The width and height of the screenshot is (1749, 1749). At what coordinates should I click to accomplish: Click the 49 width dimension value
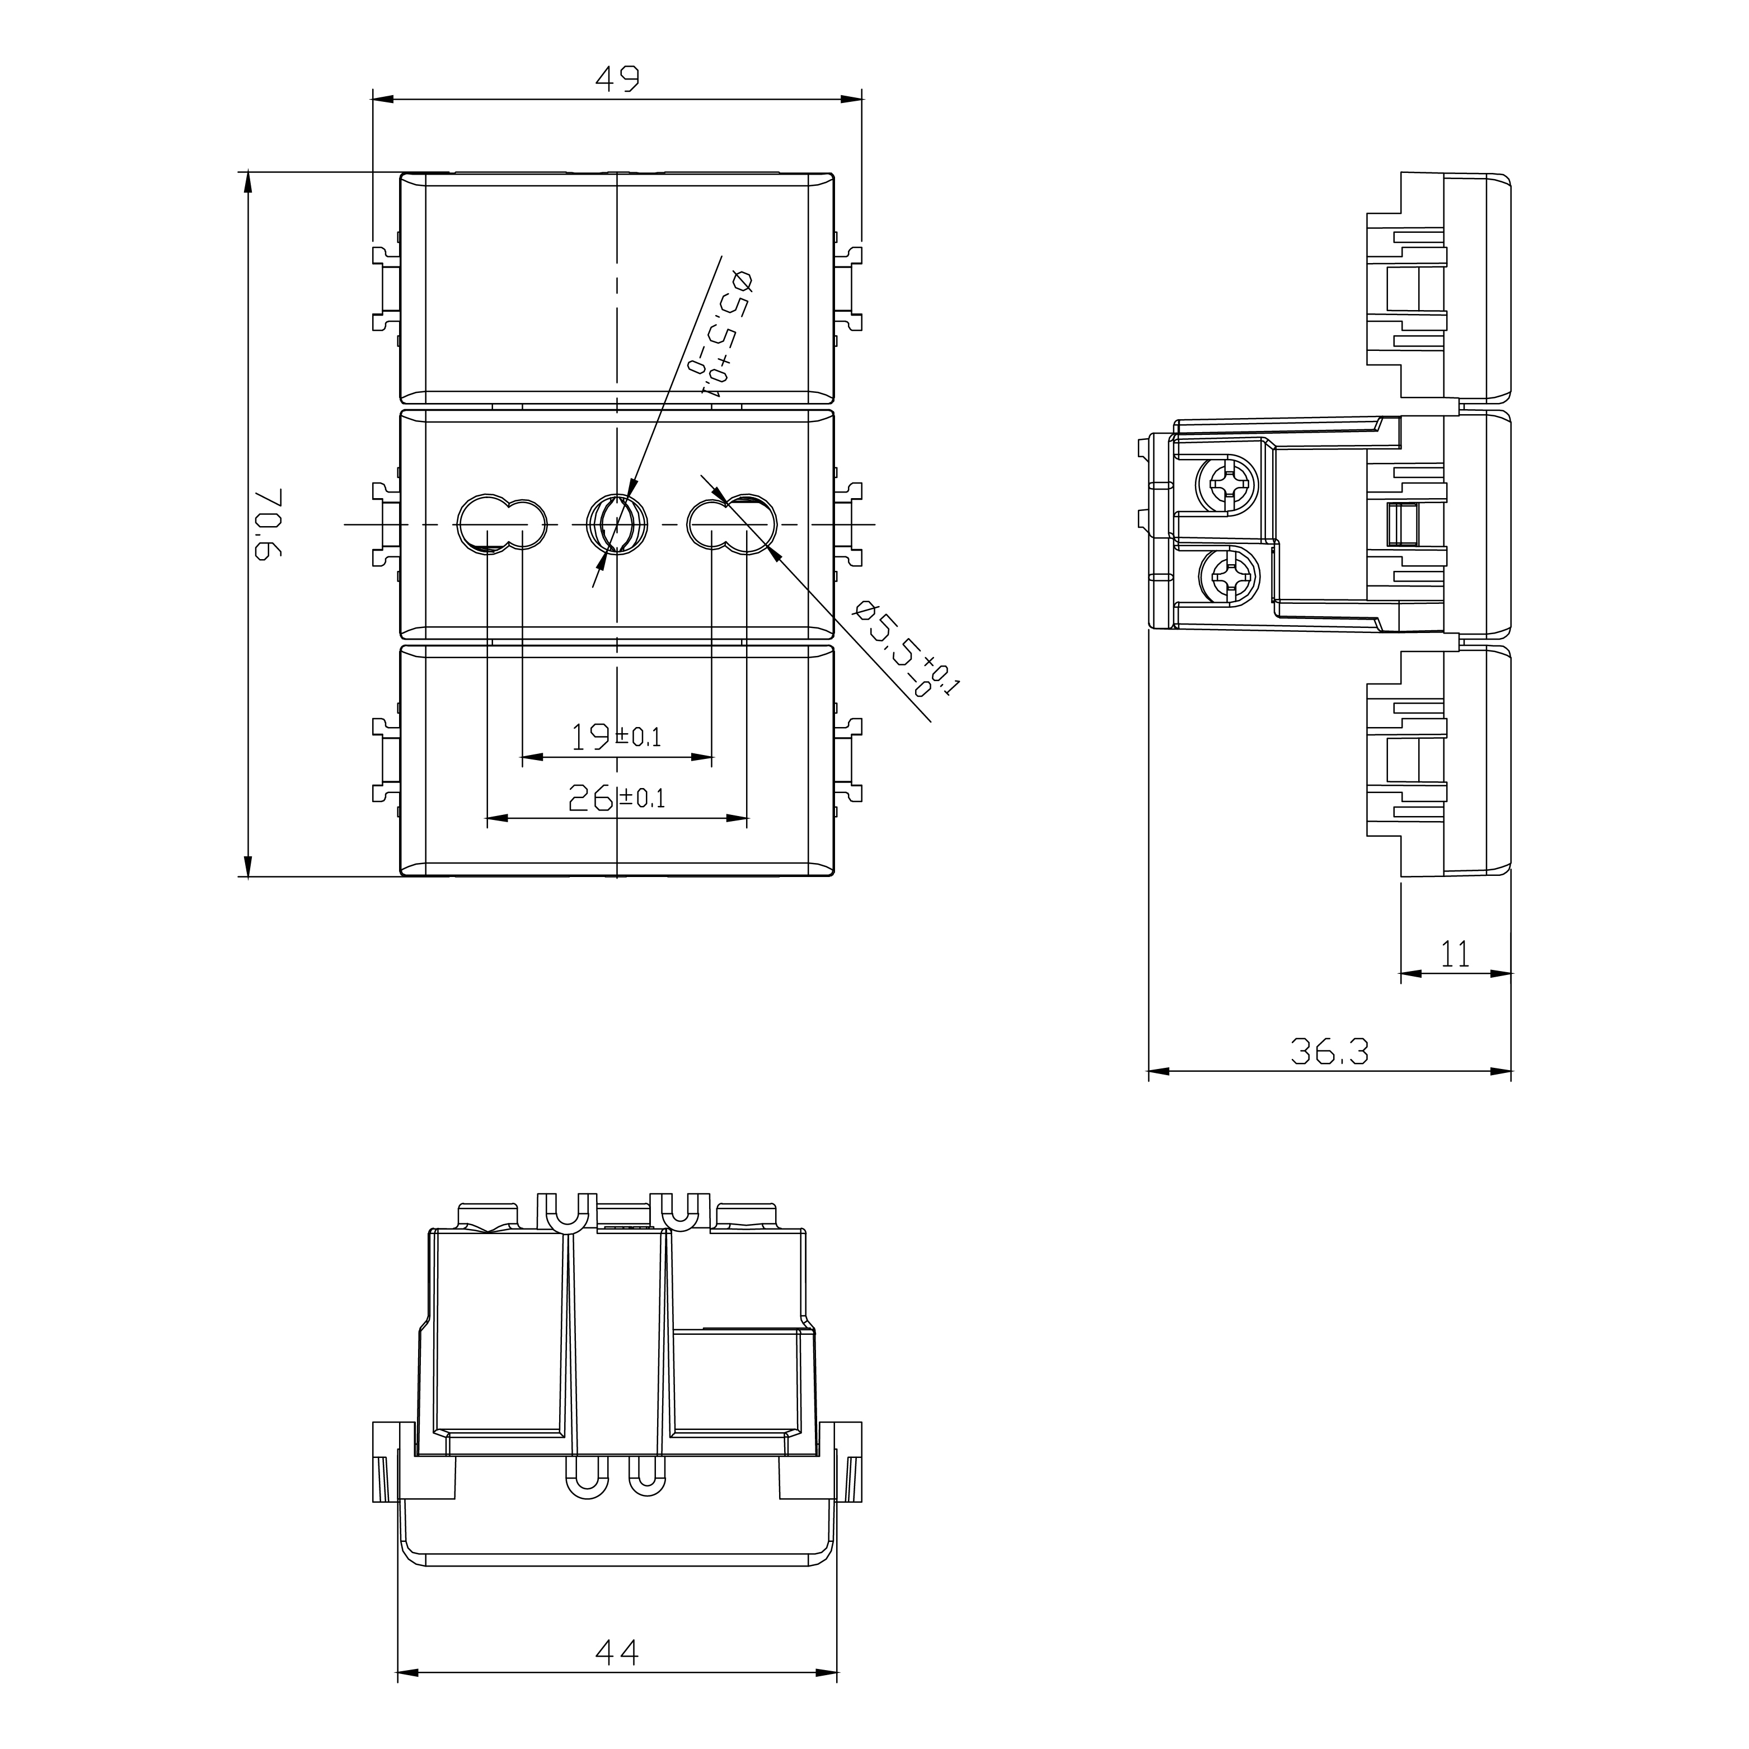click(x=617, y=79)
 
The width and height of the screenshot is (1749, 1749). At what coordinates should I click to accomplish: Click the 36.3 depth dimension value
click(x=1329, y=1051)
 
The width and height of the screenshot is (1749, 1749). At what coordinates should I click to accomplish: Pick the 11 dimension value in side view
click(x=1455, y=953)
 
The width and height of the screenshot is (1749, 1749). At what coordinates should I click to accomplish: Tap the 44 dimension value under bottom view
click(x=617, y=1652)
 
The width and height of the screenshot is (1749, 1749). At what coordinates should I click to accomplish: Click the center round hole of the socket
click(x=617, y=524)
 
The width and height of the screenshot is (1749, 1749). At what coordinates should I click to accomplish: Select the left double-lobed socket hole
click(x=503, y=523)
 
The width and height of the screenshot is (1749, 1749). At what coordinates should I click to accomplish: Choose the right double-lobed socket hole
click(x=732, y=523)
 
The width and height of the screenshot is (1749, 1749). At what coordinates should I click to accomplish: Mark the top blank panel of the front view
click(x=617, y=288)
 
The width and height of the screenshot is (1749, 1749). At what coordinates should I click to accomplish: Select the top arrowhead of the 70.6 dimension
click(x=247, y=182)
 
